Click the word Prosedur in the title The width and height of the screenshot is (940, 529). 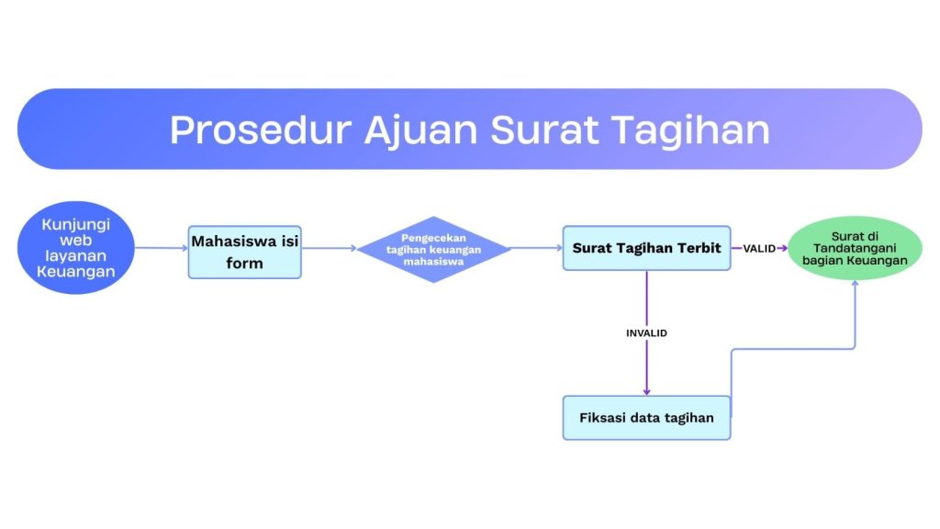(x=261, y=129)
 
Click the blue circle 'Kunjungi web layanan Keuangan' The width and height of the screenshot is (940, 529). (x=75, y=248)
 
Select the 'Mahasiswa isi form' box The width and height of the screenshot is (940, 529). (x=244, y=252)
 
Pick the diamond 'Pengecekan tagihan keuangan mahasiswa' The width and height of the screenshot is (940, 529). (x=433, y=250)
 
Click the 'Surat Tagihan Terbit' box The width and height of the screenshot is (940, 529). (x=646, y=248)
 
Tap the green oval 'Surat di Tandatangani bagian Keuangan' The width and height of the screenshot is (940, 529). (x=855, y=248)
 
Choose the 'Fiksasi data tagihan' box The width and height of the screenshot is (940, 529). (x=646, y=418)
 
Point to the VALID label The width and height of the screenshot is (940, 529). (x=759, y=248)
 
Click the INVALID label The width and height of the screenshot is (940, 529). (x=646, y=332)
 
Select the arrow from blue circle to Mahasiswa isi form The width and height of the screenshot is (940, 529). (x=162, y=248)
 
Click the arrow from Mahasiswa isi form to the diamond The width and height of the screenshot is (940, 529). (x=330, y=248)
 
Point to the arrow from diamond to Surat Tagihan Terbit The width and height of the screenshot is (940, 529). (x=536, y=248)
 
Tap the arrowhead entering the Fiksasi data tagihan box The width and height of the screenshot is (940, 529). (x=646, y=392)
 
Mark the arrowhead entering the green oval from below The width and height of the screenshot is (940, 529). (x=855, y=284)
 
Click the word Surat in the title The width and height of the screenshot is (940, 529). (x=544, y=129)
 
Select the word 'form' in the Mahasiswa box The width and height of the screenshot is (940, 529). (x=244, y=263)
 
